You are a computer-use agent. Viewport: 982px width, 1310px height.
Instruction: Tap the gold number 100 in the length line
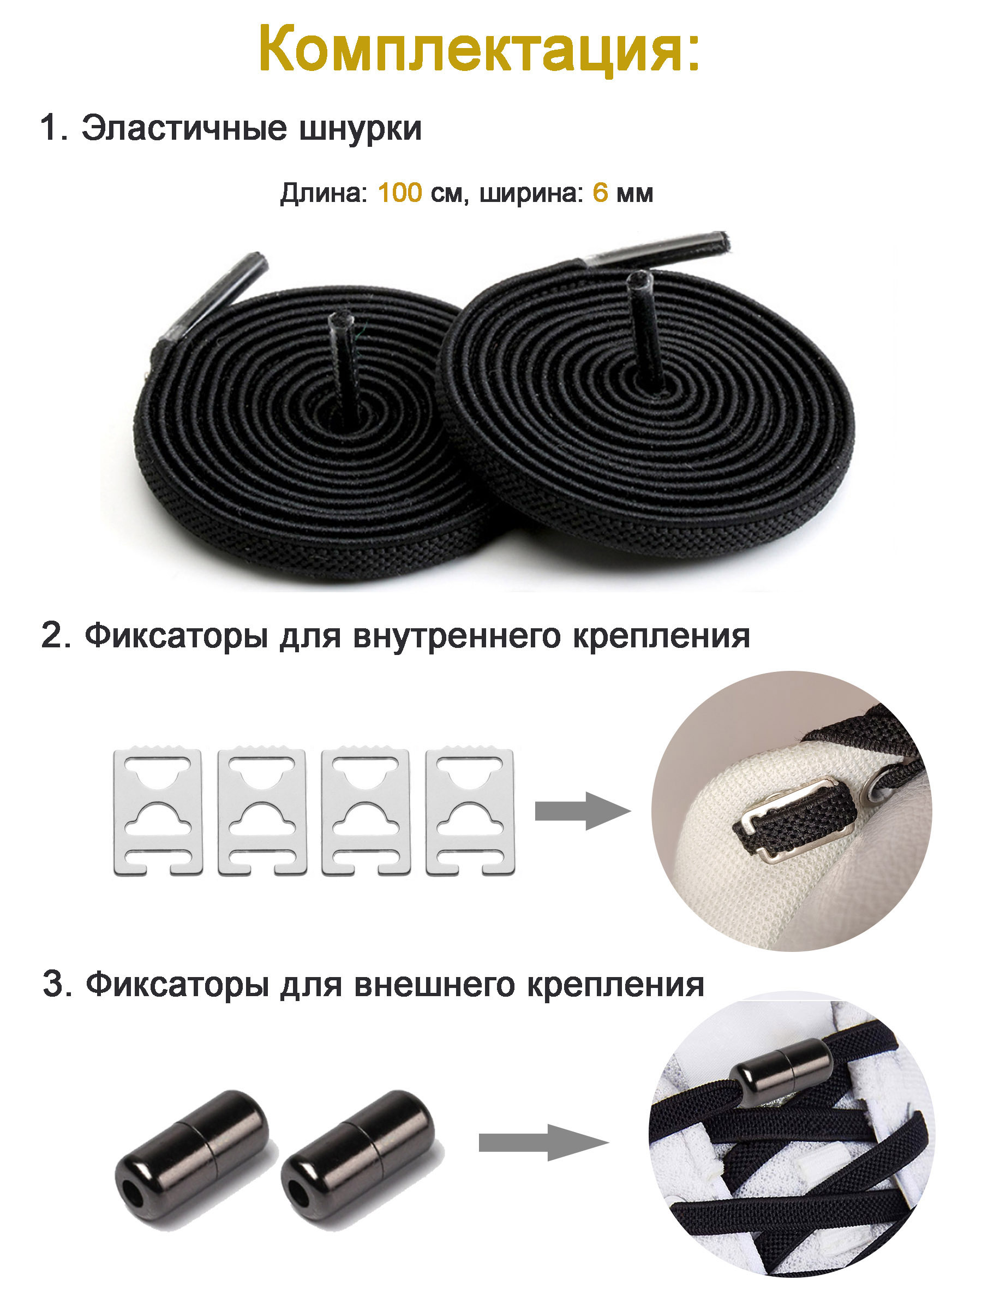(x=399, y=193)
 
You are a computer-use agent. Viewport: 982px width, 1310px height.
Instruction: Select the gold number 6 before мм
(x=600, y=193)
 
